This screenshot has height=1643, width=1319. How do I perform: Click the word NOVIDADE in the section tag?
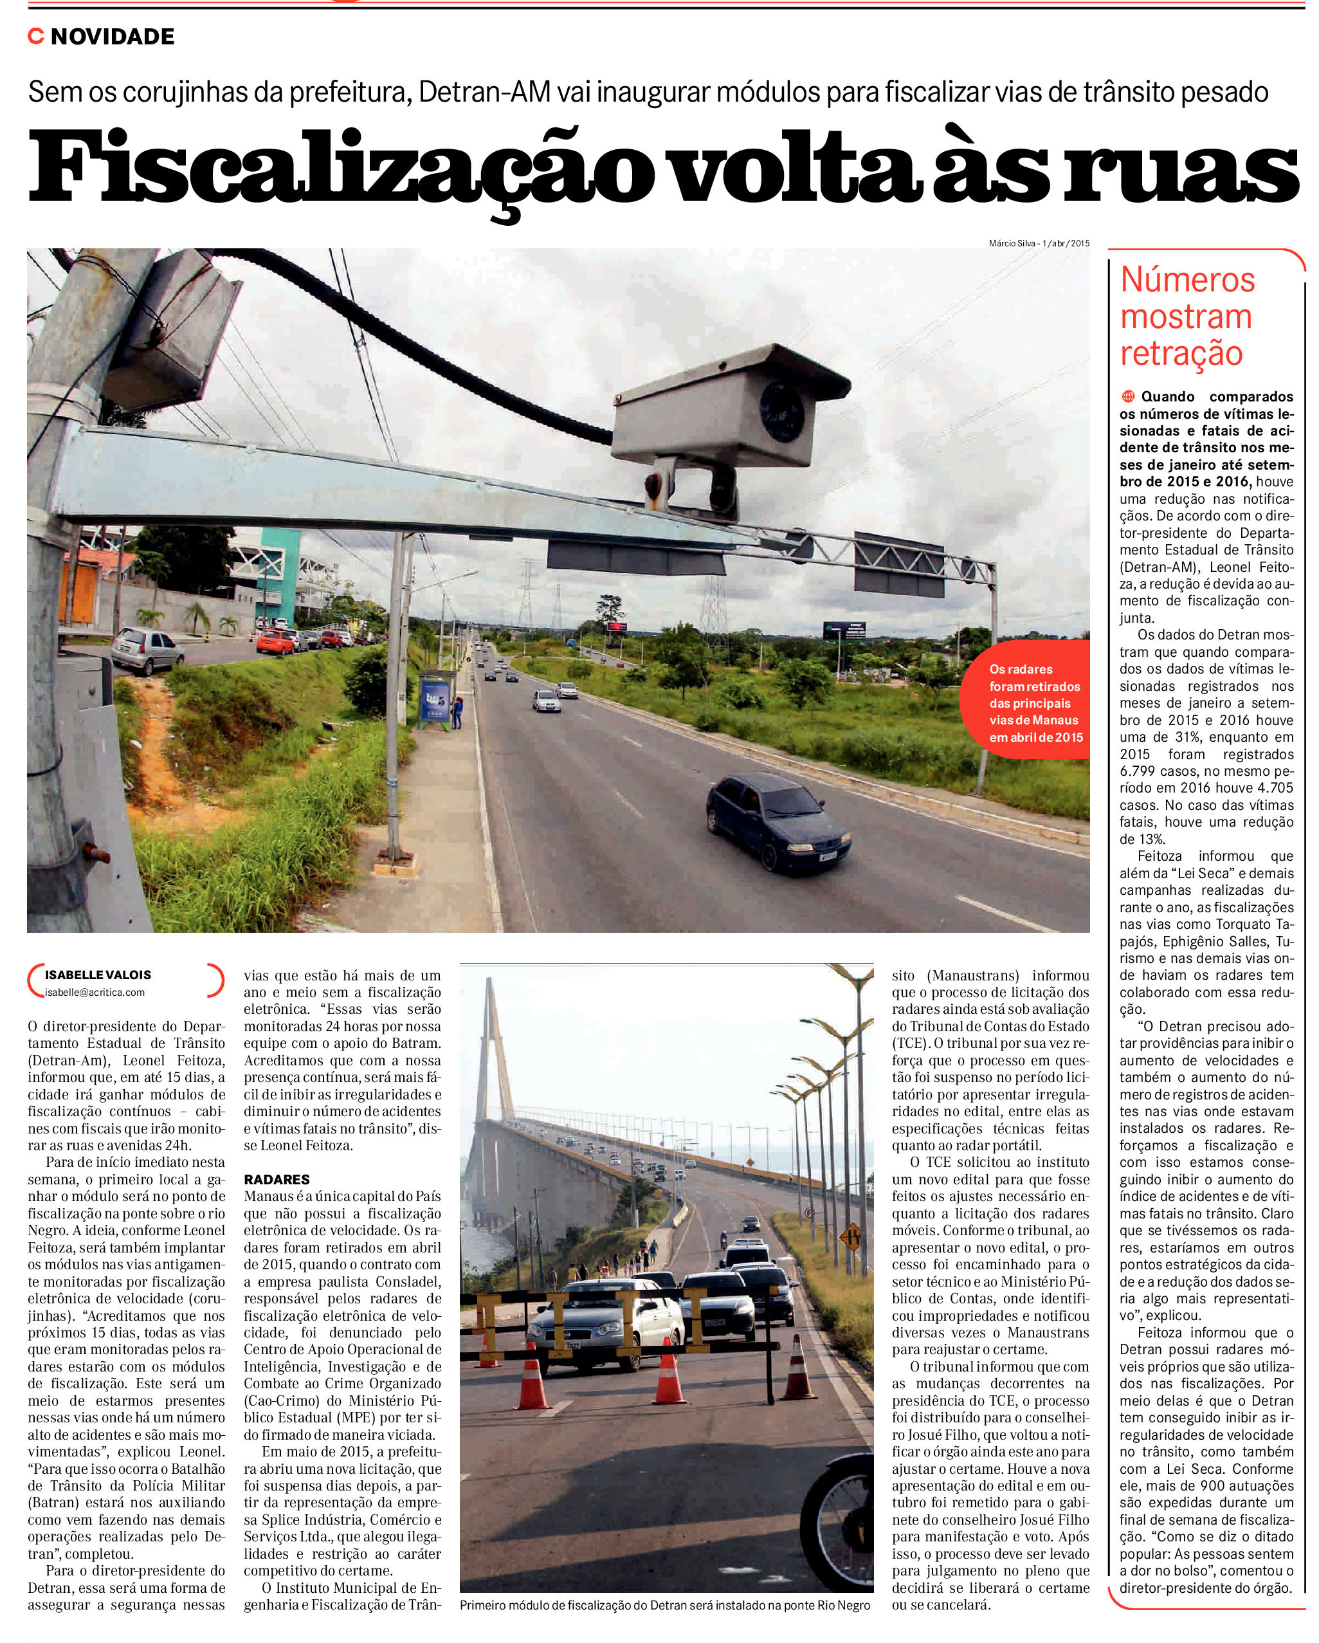112,37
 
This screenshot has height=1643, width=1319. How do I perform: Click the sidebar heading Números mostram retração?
1187,317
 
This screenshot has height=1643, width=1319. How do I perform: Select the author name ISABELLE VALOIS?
98,975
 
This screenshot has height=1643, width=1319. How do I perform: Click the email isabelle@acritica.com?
95,992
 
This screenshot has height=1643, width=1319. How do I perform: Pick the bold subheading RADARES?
277,1179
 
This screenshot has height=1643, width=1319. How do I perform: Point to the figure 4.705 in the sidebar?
1271,788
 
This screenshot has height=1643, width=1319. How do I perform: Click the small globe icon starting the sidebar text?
1129,396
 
